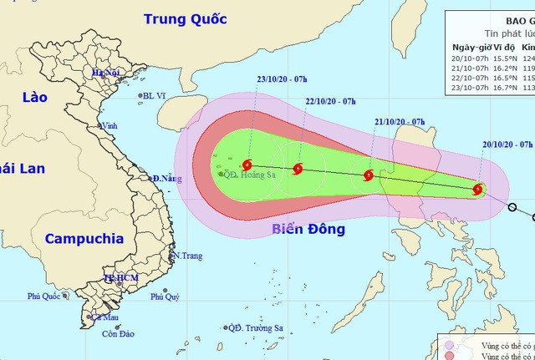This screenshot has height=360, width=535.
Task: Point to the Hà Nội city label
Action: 108,74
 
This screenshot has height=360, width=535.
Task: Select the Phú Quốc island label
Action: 45,296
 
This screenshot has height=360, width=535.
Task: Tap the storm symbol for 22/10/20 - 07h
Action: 298,170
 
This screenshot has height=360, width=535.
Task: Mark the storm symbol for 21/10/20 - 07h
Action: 368,175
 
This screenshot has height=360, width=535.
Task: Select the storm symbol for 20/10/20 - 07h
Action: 477,189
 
